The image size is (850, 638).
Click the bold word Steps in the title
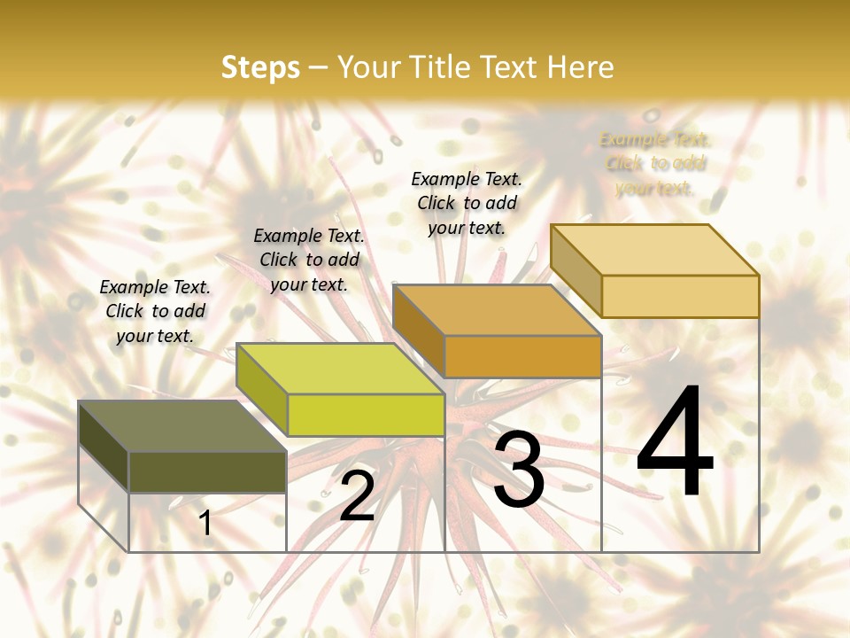(x=260, y=67)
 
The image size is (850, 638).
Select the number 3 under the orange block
(x=519, y=470)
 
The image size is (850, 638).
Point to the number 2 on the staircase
(x=358, y=496)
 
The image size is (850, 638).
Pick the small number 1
(x=205, y=524)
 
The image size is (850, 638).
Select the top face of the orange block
(x=497, y=310)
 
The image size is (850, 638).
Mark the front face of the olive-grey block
(x=207, y=471)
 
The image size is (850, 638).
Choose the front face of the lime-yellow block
(x=366, y=415)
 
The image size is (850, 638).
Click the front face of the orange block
(x=522, y=356)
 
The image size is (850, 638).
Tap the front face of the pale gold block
(x=680, y=296)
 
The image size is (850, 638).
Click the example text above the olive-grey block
(x=155, y=311)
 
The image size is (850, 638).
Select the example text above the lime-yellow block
(x=309, y=260)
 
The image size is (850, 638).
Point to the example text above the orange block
(x=467, y=203)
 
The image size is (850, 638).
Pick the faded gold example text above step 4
(x=655, y=163)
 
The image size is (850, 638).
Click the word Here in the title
(x=580, y=67)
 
